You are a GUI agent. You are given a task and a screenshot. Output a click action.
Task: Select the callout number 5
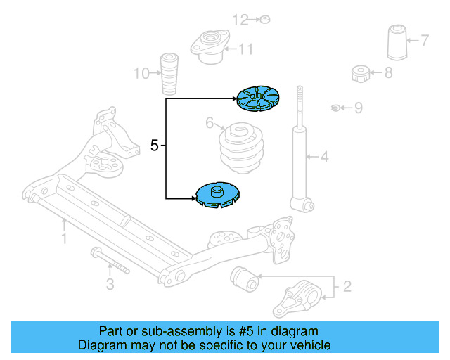pyautogui.click(x=155, y=146)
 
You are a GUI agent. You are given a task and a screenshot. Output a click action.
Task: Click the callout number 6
pyautogui.click(x=210, y=124)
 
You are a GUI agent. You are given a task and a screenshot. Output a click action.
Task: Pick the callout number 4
pyautogui.click(x=324, y=157)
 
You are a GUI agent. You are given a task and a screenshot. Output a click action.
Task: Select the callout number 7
pyautogui.click(x=425, y=39)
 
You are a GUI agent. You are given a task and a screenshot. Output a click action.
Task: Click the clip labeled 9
pyautogui.click(x=337, y=108)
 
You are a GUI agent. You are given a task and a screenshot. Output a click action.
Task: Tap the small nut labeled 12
pyautogui.click(x=264, y=19)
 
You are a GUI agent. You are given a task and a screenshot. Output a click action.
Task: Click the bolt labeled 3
pyautogui.click(x=109, y=261)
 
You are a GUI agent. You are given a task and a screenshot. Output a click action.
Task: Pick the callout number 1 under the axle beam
pyautogui.click(x=63, y=240)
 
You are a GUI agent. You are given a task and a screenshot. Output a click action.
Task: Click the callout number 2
pyautogui.click(x=347, y=286)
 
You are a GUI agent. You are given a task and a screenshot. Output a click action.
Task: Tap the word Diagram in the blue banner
pyautogui.click(x=100, y=345)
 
